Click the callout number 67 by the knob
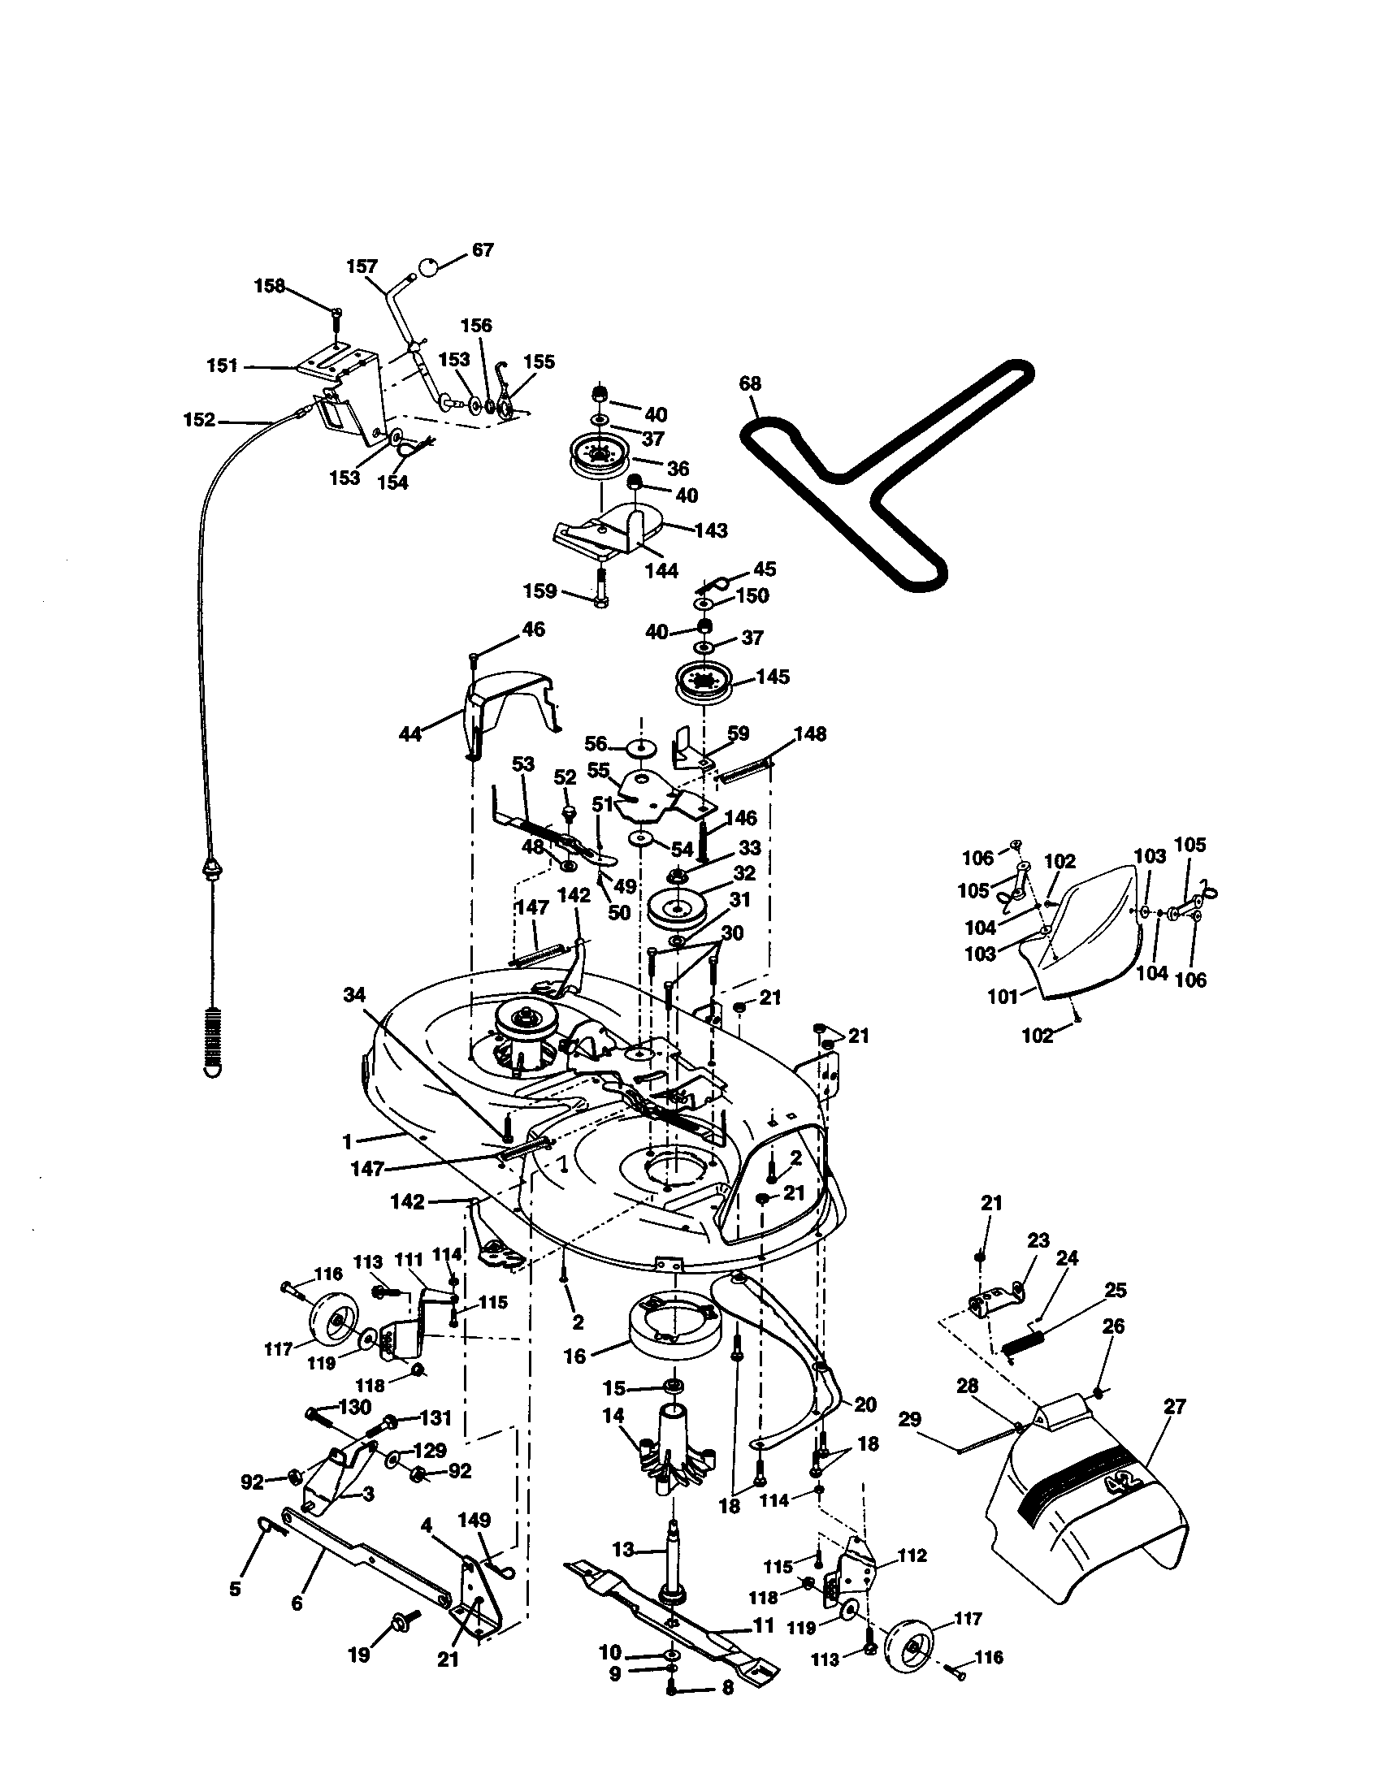coord(483,249)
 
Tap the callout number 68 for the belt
coord(750,383)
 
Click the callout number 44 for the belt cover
coord(409,734)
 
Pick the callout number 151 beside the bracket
coord(222,366)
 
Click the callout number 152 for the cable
coord(199,420)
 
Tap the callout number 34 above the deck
coord(354,995)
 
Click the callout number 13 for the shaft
coord(623,1549)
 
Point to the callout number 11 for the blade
coord(763,1625)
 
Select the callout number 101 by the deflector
coord(1003,997)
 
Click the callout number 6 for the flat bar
coord(297,1603)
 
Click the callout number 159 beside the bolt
coord(539,591)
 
